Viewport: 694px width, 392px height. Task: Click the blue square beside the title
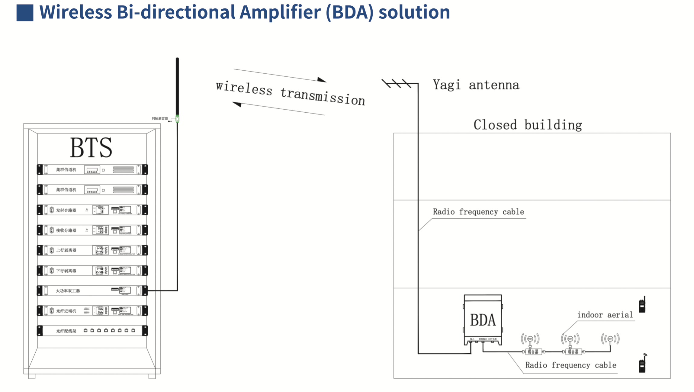pos(25,13)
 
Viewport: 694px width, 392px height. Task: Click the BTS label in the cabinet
pos(91,148)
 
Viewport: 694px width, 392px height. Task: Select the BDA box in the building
pos(483,320)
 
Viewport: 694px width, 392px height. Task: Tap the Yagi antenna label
pos(476,85)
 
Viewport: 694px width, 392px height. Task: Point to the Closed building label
pos(527,125)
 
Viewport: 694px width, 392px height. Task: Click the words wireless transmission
pos(290,93)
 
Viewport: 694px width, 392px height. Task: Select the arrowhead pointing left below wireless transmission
pos(237,104)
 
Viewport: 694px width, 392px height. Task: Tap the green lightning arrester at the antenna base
pos(177,119)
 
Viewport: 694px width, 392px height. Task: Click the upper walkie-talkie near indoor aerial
pos(642,305)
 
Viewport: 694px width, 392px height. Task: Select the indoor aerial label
pos(605,315)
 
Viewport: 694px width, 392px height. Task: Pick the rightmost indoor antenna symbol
pos(610,339)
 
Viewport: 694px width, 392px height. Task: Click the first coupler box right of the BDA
pos(533,352)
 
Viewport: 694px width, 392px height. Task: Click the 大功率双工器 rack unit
pos(92,291)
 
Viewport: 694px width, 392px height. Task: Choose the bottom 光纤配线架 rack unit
pos(92,331)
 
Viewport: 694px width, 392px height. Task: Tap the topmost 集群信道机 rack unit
pos(92,169)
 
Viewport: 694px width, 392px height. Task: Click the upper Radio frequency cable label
pos(478,212)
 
